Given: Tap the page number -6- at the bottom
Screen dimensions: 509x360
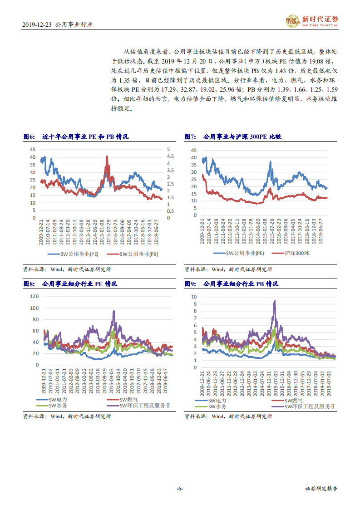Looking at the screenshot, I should click(x=180, y=489).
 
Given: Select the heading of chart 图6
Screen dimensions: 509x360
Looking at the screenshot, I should click(x=76, y=137).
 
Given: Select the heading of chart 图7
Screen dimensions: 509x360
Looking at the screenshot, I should click(x=233, y=137).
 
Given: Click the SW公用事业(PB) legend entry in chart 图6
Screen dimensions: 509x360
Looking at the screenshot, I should click(x=136, y=254).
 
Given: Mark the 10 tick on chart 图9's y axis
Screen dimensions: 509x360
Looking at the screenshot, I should click(x=194, y=296).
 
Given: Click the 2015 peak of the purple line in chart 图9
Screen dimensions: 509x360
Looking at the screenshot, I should click(x=274, y=301).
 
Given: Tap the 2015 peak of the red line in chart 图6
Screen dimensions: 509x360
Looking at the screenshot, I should click(x=107, y=156).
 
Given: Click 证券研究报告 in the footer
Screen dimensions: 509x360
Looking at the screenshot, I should click(x=321, y=489).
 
